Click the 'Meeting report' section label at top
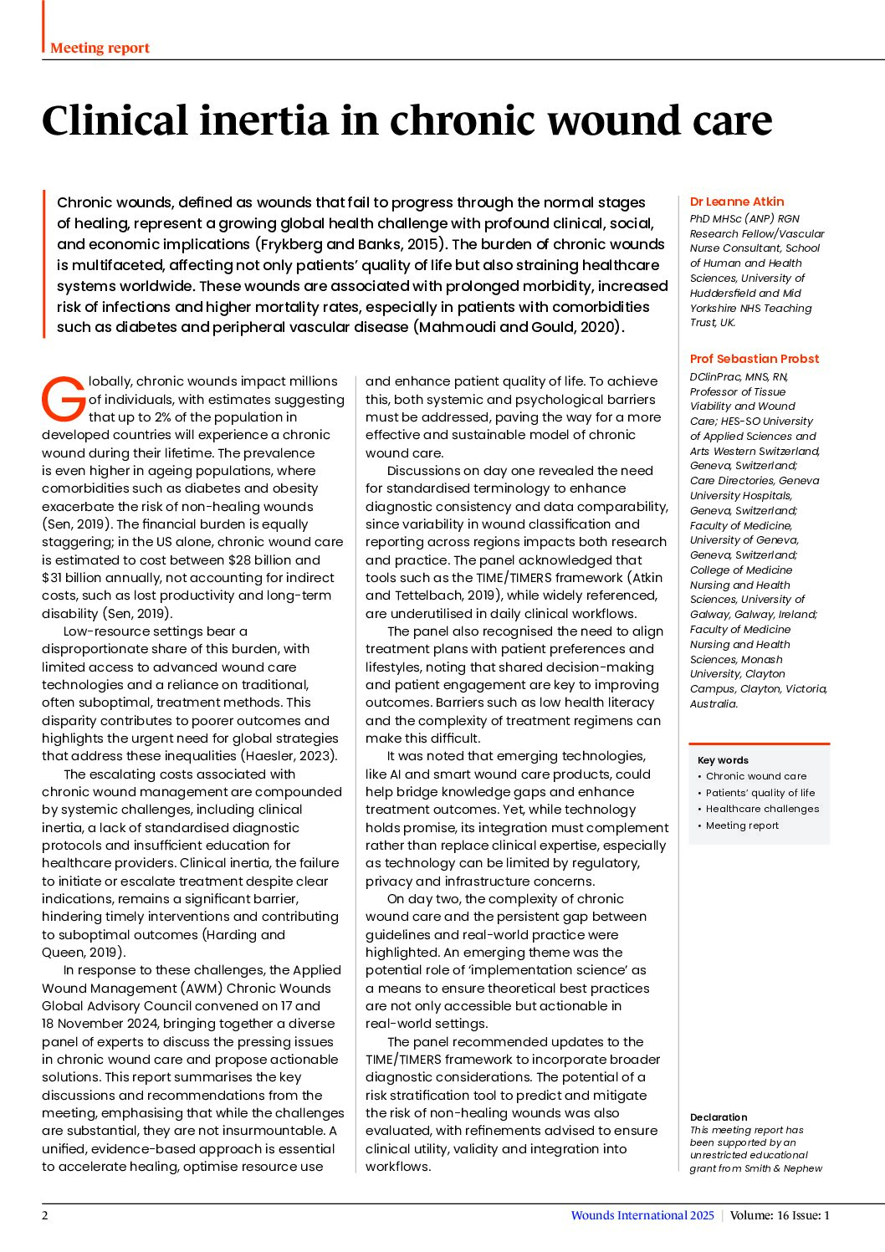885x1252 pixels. pyautogui.click(x=100, y=48)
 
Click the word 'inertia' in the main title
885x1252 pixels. pyautogui.click(x=263, y=120)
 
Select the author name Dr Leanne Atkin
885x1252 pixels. pyautogui.click(x=737, y=202)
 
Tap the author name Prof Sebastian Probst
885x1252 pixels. pyautogui.click(x=755, y=359)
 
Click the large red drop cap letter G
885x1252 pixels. pyautogui.click(x=64, y=399)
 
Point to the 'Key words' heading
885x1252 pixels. pyautogui.click(x=723, y=760)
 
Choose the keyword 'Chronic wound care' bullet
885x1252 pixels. pyautogui.click(x=756, y=776)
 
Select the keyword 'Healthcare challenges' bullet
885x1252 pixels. pyautogui.click(x=762, y=809)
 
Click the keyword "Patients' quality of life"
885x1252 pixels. pyautogui.click(x=760, y=793)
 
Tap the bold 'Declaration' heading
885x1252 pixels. pyautogui.click(x=719, y=1117)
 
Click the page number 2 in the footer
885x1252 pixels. pyautogui.click(x=45, y=1215)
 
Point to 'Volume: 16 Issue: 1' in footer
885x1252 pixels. pyautogui.click(x=780, y=1215)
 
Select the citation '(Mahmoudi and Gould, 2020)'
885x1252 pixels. pyautogui.click(x=519, y=327)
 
